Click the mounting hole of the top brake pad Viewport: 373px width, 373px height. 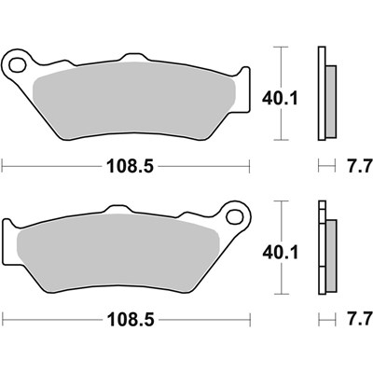17,65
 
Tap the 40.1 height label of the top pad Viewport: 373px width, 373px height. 280,99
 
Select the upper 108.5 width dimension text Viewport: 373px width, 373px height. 131,166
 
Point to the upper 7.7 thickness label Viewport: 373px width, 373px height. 360,165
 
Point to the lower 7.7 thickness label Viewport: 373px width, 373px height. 360,321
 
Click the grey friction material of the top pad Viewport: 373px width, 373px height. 133,100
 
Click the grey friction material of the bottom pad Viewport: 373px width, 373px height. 118,254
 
